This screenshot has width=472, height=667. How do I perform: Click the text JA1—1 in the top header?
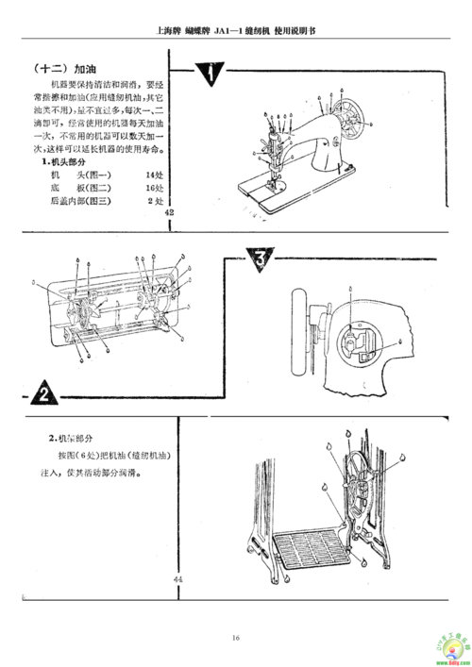(225, 29)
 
